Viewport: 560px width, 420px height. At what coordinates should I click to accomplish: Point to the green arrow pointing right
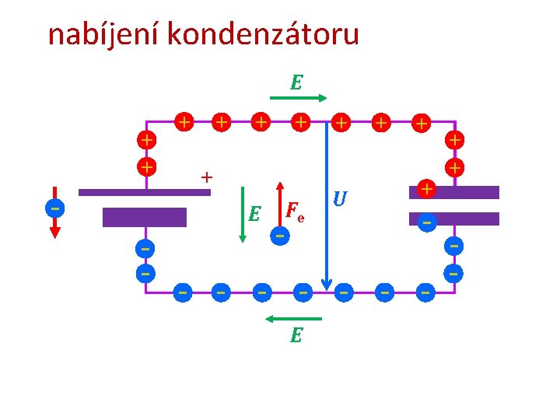coord(299,98)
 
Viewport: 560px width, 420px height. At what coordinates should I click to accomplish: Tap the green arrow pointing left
coord(293,318)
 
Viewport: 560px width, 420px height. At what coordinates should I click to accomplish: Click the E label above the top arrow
coord(296,82)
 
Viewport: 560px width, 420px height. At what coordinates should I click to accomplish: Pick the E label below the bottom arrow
coord(296,335)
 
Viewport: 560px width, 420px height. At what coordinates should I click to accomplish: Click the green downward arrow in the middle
coord(243,214)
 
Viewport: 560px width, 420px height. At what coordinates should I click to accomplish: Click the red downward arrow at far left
coord(54,222)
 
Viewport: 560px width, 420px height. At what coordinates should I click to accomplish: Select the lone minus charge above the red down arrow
coord(54,208)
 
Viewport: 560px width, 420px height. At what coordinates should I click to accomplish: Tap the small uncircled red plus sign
coord(206,177)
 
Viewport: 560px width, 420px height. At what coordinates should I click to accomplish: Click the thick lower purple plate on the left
coord(145,217)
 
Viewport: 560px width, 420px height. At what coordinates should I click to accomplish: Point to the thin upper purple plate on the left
coord(145,192)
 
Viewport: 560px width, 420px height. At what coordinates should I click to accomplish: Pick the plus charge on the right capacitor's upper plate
coord(425,188)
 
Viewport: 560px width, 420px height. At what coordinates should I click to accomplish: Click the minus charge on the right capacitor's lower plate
coord(425,222)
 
